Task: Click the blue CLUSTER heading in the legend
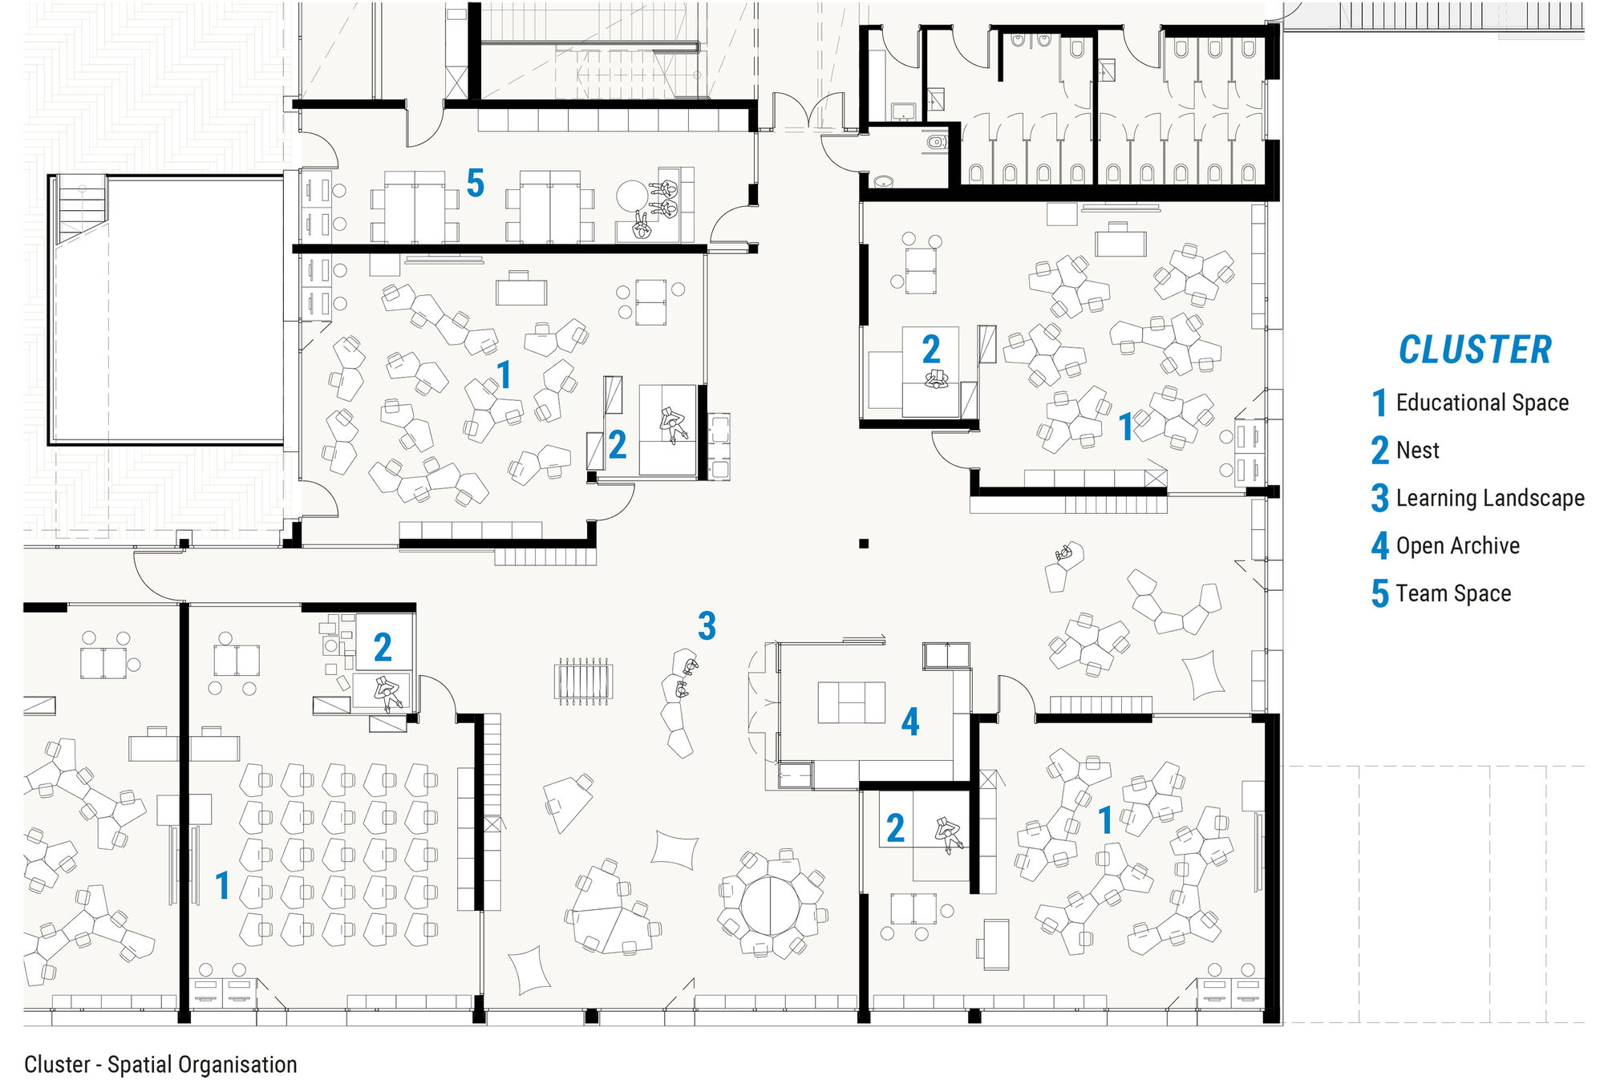(x=1474, y=350)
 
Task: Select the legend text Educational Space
(x=1482, y=402)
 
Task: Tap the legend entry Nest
(x=1417, y=451)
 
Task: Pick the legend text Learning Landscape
(x=1490, y=498)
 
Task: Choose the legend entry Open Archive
(x=1457, y=546)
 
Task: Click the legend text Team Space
(x=1453, y=593)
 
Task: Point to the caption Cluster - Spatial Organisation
(x=160, y=1065)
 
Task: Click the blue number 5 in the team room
(x=476, y=184)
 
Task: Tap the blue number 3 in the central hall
(x=707, y=626)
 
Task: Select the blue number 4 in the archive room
(x=909, y=722)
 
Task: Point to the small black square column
(x=864, y=544)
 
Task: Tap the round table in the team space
(x=632, y=195)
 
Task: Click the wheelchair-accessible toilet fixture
(x=935, y=143)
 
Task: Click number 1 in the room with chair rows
(x=223, y=886)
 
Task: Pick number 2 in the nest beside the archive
(x=895, y=828)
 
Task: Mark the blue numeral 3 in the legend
(x=1379, y=498)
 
